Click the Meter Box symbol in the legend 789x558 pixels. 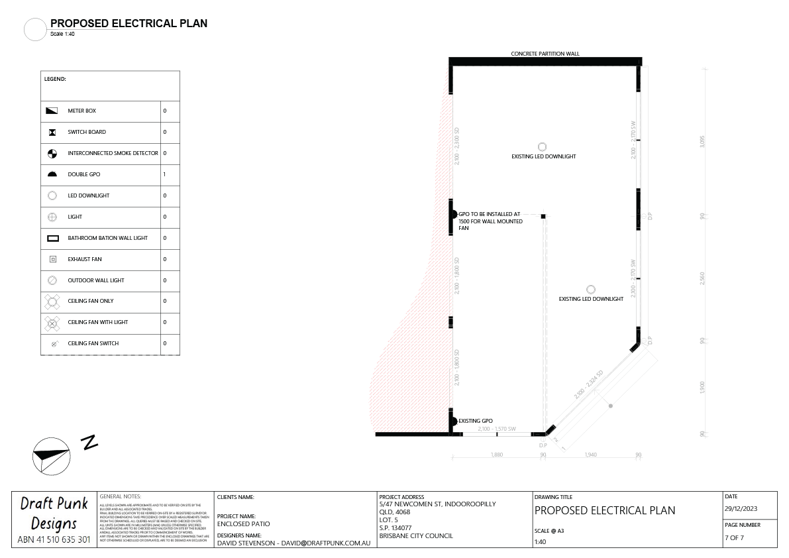point(53,111)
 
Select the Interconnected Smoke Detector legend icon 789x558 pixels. point(53,153)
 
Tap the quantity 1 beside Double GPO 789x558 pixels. point(165,174)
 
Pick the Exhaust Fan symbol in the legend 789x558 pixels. point(53,259)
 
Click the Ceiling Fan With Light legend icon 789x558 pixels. point(53,323)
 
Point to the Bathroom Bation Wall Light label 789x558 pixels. point(107,238)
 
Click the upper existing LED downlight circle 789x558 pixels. point(542,146)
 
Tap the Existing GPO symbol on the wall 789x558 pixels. point(454,421)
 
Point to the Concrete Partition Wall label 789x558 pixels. point(545,54)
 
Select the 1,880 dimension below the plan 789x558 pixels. point(496,455)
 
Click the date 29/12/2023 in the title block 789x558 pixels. point(741,509)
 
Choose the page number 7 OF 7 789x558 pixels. point(735,537)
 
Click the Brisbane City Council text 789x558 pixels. point(416,535)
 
